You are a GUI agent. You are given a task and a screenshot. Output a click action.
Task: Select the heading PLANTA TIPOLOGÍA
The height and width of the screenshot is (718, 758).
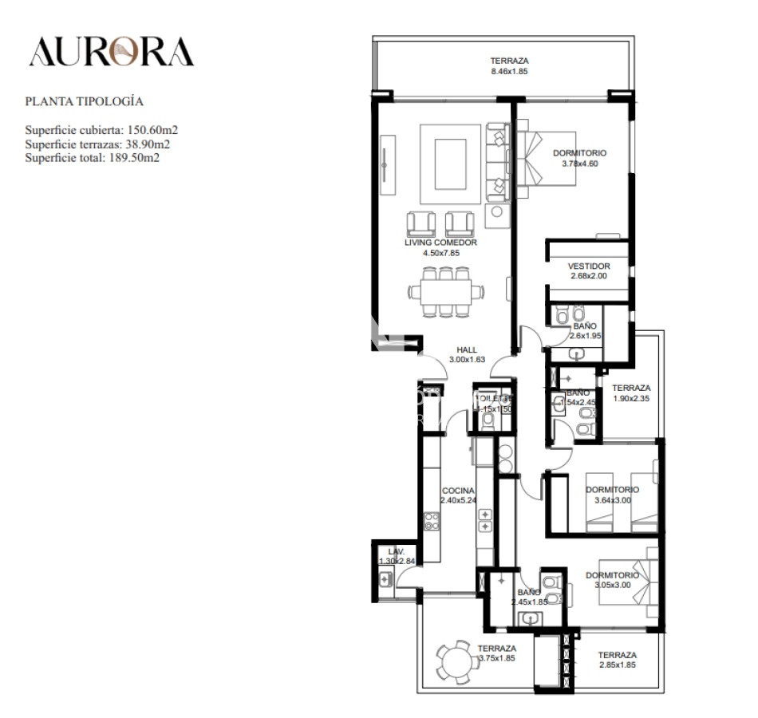(x=84, y=101)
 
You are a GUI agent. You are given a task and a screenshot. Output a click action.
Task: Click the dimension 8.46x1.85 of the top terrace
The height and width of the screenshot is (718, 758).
(x=509, y=71)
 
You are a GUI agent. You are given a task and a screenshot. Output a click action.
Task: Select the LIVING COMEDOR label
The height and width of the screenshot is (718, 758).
(x=440, y=243)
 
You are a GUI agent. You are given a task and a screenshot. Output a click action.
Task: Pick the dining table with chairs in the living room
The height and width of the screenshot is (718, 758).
(x=446, y=291)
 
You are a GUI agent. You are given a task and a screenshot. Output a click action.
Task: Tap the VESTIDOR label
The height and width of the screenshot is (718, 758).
(x=589, y=266)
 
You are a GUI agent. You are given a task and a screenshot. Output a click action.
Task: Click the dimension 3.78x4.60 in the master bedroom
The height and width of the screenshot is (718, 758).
(x=579, y=164)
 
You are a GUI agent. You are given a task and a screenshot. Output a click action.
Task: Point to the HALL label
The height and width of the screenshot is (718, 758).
(x=467, y=349)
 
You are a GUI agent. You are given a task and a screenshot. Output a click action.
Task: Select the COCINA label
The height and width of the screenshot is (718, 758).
(x=458, y=491)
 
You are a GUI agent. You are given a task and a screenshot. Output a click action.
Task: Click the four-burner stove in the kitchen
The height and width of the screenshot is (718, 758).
(x=432, y=522)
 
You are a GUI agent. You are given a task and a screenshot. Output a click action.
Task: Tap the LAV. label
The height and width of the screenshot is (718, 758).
(x=397, y=551)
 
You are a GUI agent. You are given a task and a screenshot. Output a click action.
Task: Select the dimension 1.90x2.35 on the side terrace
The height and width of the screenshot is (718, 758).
(x=631, y=398)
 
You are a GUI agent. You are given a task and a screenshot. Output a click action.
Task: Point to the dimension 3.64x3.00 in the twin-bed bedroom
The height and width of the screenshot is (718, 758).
(x=612, y=500)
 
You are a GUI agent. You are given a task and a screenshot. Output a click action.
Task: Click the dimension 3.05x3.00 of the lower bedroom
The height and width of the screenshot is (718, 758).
(x=612, y=585)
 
